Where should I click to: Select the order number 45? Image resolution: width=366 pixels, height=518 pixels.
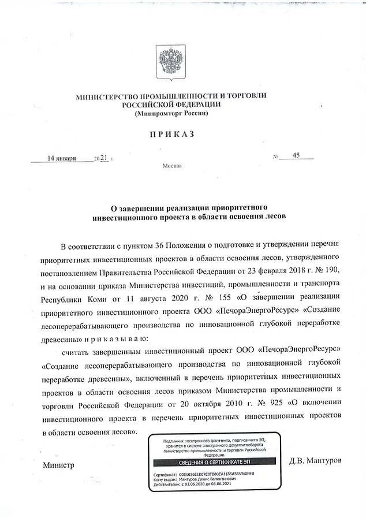pyautogui.click(x=297, y=156)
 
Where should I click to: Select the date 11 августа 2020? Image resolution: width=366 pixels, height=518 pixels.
pyautogui.click(x=154, y=297)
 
